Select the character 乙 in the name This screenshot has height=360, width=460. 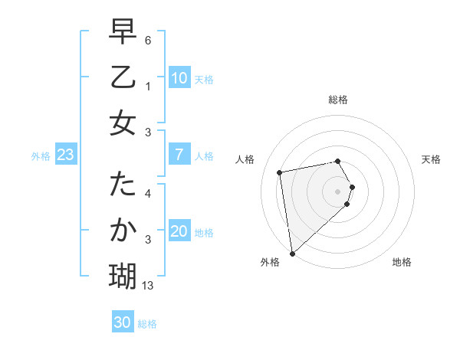point(123,78)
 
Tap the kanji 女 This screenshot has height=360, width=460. point(123,123)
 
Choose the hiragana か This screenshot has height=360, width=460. point(123,230)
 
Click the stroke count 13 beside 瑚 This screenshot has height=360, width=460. point(148,286)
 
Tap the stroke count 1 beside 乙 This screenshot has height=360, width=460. point(148,87)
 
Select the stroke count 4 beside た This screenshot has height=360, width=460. point(148,194)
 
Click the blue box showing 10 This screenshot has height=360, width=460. point(179,78)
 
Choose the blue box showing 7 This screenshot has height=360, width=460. point(179,155)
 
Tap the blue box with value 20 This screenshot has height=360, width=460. point(179,232)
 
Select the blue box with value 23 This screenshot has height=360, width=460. point(65,155)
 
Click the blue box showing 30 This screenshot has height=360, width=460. point(123,322)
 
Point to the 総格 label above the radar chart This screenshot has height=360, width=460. point(338,100)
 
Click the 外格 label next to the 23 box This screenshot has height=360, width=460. point(41,155)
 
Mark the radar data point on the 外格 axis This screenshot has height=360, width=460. point(292,253)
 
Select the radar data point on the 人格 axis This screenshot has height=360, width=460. point(280,172)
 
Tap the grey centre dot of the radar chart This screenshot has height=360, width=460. point(338,191)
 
